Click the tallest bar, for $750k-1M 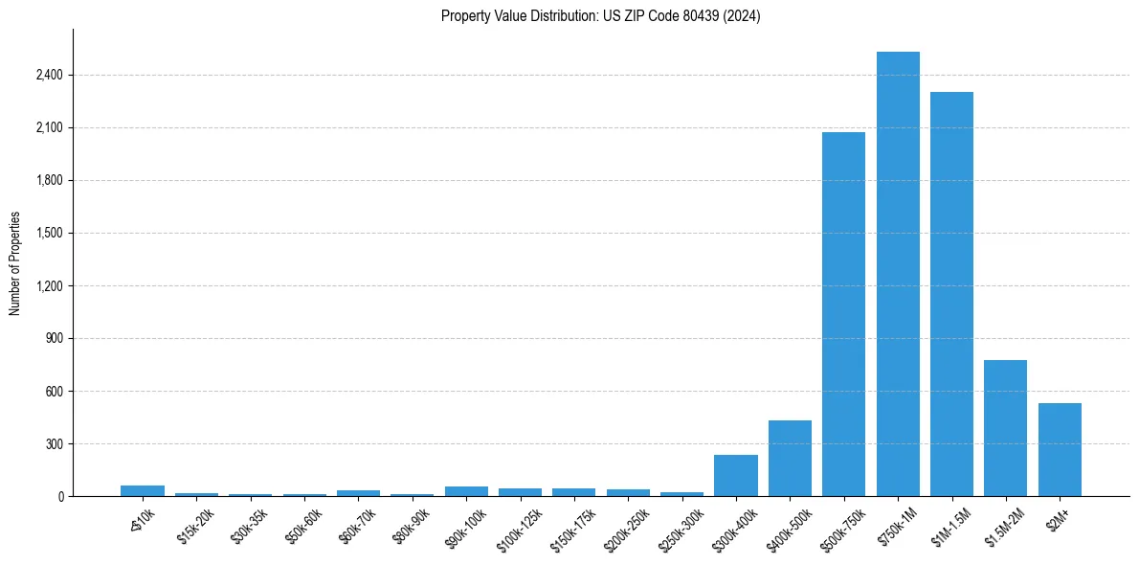898,274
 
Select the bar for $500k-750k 843,314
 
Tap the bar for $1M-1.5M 951,294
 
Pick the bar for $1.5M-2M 1005,428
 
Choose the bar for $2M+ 1060,449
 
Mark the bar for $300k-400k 736,475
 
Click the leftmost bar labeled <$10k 143,490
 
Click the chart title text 600,16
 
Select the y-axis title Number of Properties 15,262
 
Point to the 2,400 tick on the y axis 47,75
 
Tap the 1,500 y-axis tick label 47,233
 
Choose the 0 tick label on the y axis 59,496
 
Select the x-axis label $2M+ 1058,518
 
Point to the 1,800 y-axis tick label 47,180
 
